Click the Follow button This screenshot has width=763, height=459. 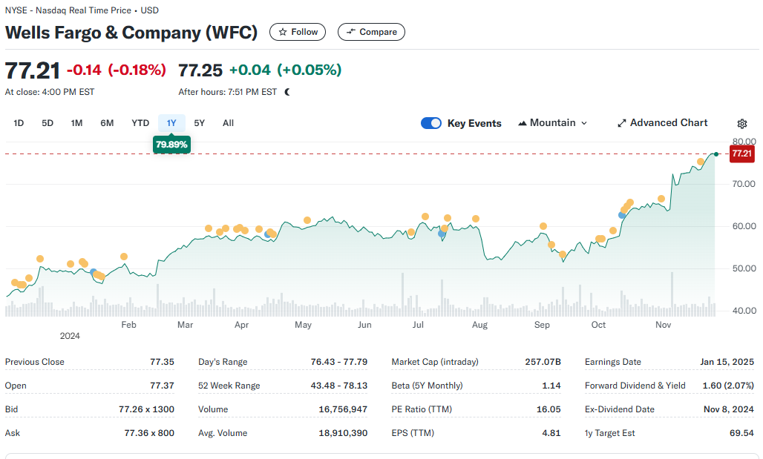tap(298, 32)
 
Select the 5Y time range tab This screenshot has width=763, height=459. tap(200, 123)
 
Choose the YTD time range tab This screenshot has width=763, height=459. tap(140, 123)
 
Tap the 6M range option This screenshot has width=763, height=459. tap(107, 123)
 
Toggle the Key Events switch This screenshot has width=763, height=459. tap(431, 123)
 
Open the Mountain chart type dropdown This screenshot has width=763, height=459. tap(553, 123)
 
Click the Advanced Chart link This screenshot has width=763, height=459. tap(663, 123)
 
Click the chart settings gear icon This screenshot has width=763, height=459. tap(742, 124)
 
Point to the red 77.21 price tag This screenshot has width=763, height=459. tap(742, 153)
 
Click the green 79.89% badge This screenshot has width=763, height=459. tap(171, 145)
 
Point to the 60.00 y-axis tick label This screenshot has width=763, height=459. tap(744, 226)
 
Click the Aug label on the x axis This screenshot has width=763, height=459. tap(479, 325)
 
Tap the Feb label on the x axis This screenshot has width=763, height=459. tap(128, 325)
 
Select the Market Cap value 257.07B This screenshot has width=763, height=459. tap(543, 362)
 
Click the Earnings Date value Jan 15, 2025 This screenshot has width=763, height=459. tap(727, 362)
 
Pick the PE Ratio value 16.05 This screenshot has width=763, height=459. tap(549, 409)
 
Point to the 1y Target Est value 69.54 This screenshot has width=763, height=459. tap(741, 433)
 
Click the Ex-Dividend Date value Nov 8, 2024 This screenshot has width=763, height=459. tap(728, 409)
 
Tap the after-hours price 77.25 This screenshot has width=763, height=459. tap(200, 70)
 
